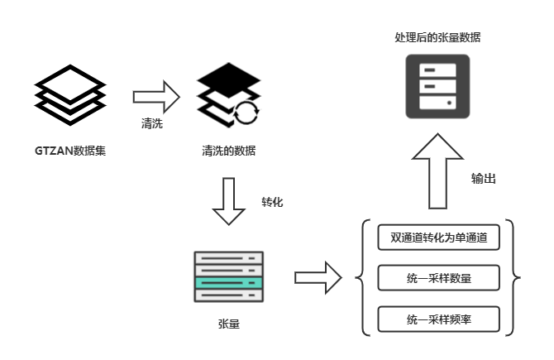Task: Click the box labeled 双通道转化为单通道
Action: coord(439,238)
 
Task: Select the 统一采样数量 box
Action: coord(439,278)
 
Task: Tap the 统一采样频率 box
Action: coord(439,319)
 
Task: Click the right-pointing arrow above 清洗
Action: coord(156,97)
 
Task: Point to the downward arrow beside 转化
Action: coord(229,201)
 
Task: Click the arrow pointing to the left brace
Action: coord(318,277)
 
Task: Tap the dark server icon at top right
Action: coord(437,87)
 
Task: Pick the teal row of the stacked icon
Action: coord(228,283)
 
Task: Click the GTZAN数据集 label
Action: coord(69,151)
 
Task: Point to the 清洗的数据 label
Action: coord(228,151)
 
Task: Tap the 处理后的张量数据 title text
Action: coord(437,38)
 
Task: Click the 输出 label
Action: coord(484,179)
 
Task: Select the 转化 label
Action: coord(272,201)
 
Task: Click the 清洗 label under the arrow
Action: coord(151,125)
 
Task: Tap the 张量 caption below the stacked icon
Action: coord(228,324)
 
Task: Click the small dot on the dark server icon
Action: coord(450,103)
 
